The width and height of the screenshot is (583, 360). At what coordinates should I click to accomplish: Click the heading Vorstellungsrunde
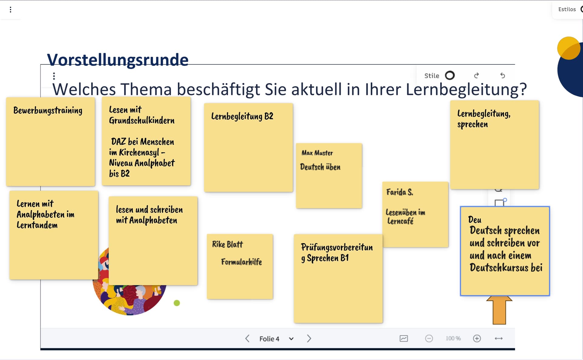tap(118, 60)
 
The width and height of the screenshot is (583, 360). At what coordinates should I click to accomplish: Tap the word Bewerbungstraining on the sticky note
tap(48, 111)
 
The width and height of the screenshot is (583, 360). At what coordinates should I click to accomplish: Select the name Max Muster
tap(317, 153)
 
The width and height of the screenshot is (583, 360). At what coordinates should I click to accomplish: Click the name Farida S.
tap(400, 192)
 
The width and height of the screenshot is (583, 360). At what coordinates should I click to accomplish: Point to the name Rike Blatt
tap(227, 244)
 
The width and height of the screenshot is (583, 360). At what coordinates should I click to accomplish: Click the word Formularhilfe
tap(241, 262)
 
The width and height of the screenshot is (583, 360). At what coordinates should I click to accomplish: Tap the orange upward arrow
tap(499, 310)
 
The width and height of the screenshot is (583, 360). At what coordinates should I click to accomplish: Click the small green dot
tap(177, 303)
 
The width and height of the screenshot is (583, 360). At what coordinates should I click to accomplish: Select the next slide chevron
tap(309, 338)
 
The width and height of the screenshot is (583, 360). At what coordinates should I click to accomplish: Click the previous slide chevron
tap(247, 338)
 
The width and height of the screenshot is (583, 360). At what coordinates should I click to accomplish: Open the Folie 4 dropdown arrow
tap(291, 339)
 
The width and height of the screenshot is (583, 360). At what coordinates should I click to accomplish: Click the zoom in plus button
tap(477, 338)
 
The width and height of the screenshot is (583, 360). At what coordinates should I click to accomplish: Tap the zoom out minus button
tap(429, 338)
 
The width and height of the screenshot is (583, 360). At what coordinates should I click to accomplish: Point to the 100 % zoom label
tap(453, 338)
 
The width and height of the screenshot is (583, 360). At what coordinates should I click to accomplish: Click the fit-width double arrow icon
tap(499, 338)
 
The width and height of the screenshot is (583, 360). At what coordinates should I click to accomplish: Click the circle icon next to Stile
tap(450, 75)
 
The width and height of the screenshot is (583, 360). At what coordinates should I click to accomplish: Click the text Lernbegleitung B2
tap(242, 116)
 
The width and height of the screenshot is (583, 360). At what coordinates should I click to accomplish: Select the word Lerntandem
tap(37, 225)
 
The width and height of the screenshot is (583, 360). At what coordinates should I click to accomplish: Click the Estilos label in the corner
tap(567, 9)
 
